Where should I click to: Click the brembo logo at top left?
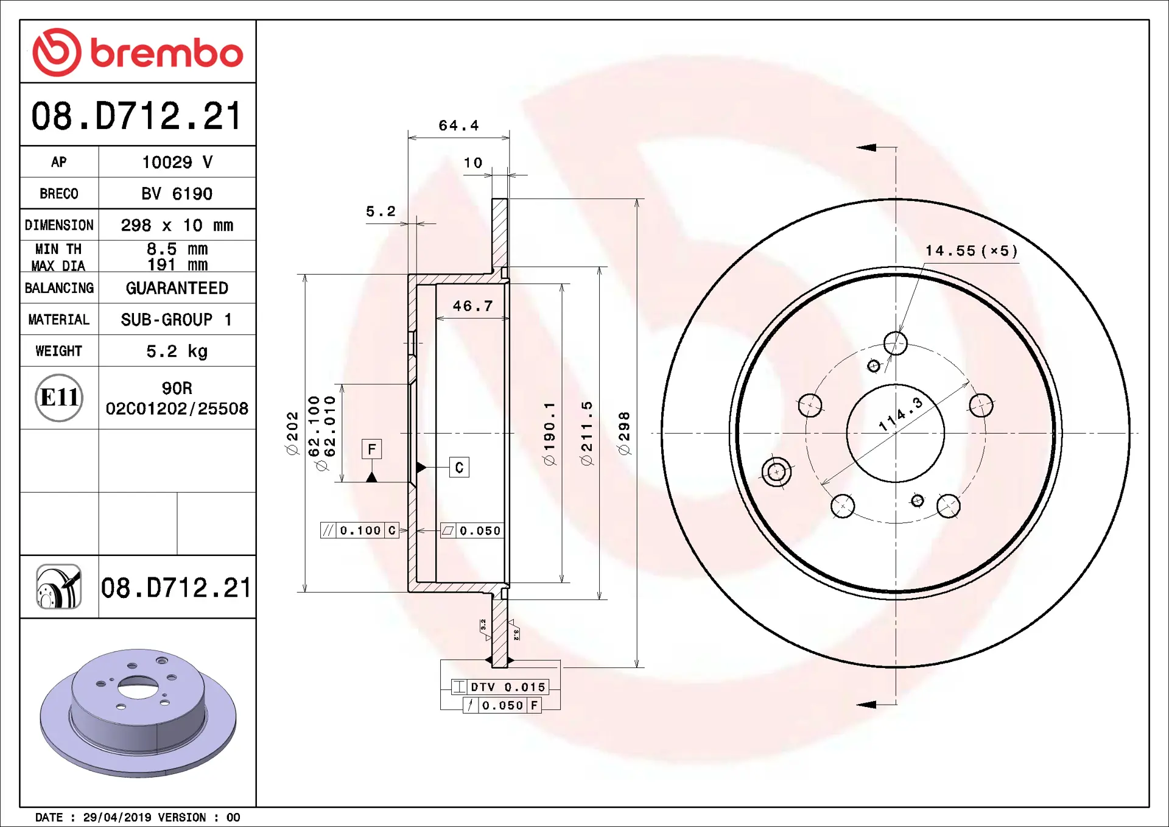click(138, 52)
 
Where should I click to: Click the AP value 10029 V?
click(177, 162)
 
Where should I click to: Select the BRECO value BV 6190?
click(177, 194)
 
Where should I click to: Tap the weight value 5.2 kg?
click(177, 351)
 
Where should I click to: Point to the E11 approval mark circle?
click(59, 398)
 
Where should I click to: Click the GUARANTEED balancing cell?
click(177, 288)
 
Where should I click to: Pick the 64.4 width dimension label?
click(459, 125)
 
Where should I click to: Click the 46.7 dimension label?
click(472, 306)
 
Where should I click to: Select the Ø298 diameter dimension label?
click(624, 433)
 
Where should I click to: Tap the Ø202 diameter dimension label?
click(292, 433)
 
